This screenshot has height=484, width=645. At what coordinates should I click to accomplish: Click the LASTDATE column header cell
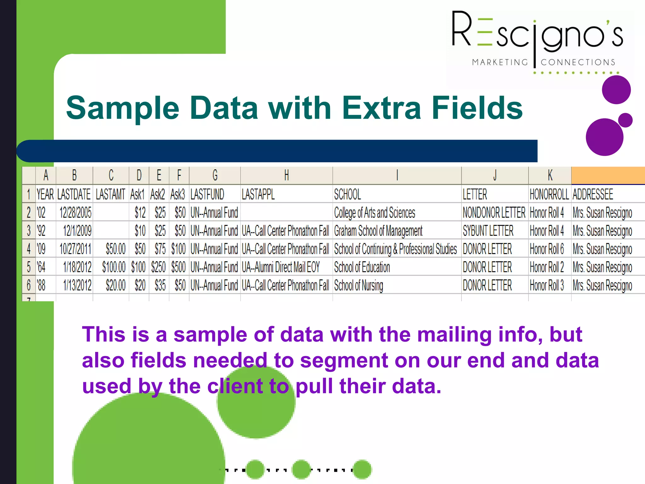[74, 194]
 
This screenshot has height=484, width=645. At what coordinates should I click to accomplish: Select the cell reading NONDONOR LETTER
[494, 212]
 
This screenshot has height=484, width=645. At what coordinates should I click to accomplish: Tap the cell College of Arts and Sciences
[374, 213]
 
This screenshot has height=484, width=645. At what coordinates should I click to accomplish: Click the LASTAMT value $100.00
[114, 267]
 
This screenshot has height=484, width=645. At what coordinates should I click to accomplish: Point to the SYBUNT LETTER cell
[488, 231]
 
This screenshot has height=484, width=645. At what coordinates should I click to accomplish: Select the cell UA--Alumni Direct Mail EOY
[281, 267]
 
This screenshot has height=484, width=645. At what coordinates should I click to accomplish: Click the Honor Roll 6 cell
[547, 249]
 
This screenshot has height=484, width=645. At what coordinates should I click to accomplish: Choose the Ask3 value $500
[179, 267]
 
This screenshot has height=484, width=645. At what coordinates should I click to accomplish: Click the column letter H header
[286, 175]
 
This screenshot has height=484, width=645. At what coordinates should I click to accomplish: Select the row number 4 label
[29, 249]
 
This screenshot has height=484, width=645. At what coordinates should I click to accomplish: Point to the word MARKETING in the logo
[500, 62]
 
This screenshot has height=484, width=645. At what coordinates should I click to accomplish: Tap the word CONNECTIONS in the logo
[578, 62]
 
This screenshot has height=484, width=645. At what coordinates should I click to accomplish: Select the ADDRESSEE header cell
[593, 194]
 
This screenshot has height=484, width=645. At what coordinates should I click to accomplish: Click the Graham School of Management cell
[378, 231]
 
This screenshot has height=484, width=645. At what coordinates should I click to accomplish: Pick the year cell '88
[41, 285]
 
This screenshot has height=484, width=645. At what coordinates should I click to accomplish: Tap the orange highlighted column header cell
[608, 175]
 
